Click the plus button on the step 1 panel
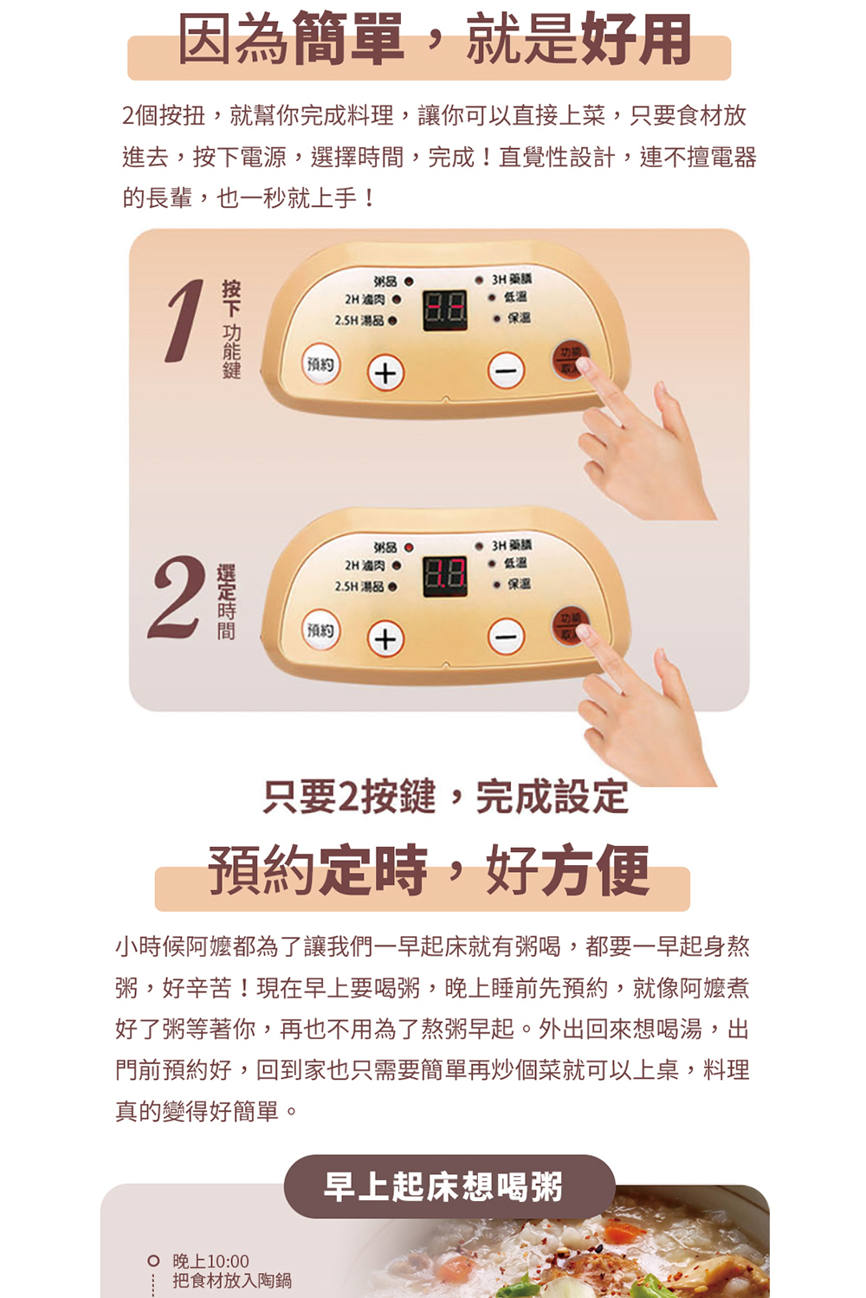click(x=386, y=373)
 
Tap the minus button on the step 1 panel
click(x=507, y=371)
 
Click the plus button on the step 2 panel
click(x=386, y=639)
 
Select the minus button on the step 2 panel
click(x=507, y=637)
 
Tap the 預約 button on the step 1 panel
click(x=320, y=365)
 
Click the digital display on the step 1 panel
click(x=444, y=310)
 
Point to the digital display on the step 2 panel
click(x=444, y=577)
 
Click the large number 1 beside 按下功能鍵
click(x=184, y=320)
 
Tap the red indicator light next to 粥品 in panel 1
click(x=408, y=282)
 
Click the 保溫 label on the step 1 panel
click(x=519, y=318)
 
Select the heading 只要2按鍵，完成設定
click(x=445, y=797)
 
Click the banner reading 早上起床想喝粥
click(x=443, y=1186)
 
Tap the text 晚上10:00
click(x=210, y=1261)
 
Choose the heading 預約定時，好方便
click(x=428, y=870)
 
